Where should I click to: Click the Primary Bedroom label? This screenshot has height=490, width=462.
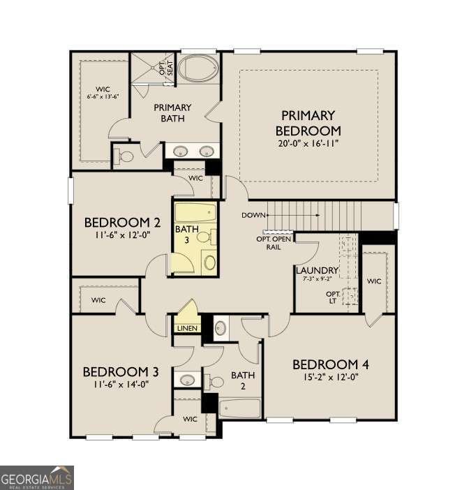click(308, 123)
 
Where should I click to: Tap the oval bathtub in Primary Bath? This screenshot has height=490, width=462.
click(196, 69)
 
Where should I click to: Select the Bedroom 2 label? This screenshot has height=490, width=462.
click(123, 223)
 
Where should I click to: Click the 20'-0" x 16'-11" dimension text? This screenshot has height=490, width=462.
click(308, 144)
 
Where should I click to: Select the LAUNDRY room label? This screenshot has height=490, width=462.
click(317, 270)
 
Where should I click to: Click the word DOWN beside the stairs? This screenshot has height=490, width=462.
click(253, 215)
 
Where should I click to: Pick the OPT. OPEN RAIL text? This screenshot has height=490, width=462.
click(274, 242)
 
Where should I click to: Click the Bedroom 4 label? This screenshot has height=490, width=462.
click(330, 364)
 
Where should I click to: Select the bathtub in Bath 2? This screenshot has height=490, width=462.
click(240, 408)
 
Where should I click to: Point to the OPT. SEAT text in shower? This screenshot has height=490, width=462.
click(165, 68)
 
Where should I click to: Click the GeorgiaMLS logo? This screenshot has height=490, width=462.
click(36, 478)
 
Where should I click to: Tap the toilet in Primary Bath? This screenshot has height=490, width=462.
click(125, 156)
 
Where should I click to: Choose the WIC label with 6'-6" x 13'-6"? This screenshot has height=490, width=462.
click(103, 92)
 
